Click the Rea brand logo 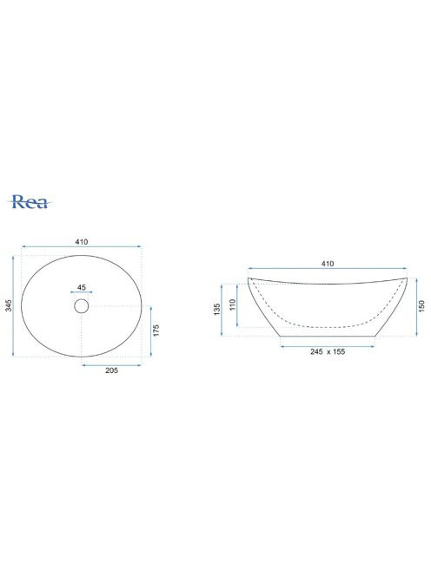pos(30,201)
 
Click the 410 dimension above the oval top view pos(82,242)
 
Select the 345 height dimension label pos(8,305)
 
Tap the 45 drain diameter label pos(82,287)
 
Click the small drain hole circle pos(82,305)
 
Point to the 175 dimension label pos(156,331)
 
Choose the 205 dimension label pos(111,370)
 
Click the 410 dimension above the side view pos(328,264)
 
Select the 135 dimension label pos(216,309)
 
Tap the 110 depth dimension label pos(232,304)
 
